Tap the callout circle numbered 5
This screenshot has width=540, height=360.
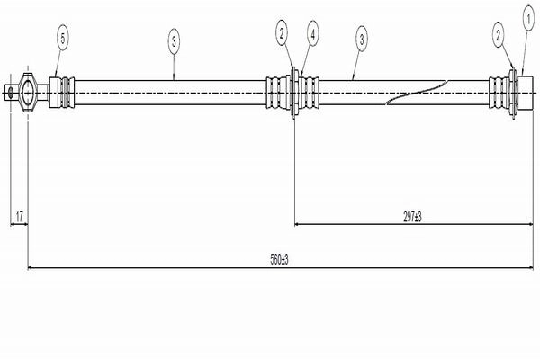(x=63, y=38)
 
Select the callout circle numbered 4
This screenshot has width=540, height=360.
(x=312, y=34)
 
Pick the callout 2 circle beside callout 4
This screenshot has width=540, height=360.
(x=282, y=33)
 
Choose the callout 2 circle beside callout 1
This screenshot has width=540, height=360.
(x=498, y=35)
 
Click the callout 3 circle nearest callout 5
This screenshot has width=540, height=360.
(x=174, y=41)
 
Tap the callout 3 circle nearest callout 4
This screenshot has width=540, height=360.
(x=362, y=39)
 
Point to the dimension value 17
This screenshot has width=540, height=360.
(x=19, y=217)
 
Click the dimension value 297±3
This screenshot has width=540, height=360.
(x=412, y=217)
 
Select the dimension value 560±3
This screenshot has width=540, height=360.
(x=279, y=259)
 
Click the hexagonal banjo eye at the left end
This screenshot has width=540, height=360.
(x=27, y=92)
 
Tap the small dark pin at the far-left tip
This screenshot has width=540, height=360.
(x=11, y=93)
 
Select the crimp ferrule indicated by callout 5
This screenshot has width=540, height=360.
(x=62, y=93)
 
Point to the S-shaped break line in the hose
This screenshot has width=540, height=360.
(x=416, y=93)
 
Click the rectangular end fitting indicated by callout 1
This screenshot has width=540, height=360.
(x=526, y=93)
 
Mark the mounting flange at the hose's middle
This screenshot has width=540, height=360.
(x=294, y=93)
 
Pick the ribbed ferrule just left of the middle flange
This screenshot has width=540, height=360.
(x=278, y=93)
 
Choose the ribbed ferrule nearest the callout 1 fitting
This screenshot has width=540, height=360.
(x=499, y=93)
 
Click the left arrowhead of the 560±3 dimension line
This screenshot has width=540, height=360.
(x=31, y=267)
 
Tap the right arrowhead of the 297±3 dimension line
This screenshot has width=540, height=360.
(x=529, y=224)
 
